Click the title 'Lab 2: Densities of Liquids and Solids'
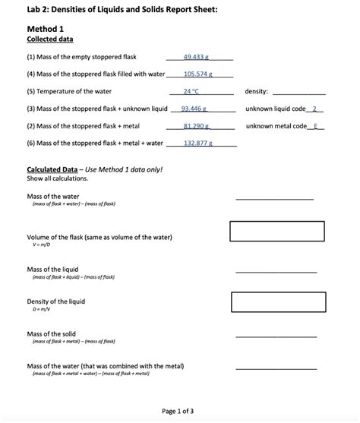coord(122,9)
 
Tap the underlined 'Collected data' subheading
coord(50,39)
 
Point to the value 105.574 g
coord(198,74)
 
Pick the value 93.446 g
coord(196,109)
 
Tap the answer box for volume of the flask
coord(277,231)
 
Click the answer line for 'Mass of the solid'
coord(276,336)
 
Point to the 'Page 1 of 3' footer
coord(178,412)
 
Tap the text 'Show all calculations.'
coord(57,178)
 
